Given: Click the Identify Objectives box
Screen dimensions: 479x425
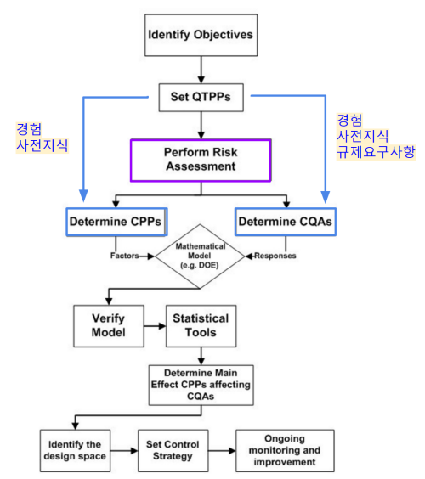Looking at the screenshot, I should (200, 38).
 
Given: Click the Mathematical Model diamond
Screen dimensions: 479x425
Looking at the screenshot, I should (201, 256).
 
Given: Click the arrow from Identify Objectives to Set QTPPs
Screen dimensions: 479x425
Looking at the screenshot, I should (200, 68).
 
